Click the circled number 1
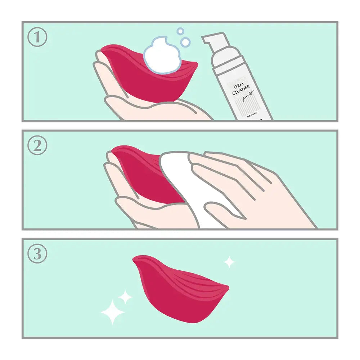pos(37,37)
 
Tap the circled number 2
pos(37,146)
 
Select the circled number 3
pos(37,254)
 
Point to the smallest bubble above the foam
pos(180,31)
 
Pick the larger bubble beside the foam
pos(185,42)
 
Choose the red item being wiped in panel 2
pos(140,173)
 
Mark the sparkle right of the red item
pos(229,262)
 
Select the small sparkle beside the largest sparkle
pos(125,297)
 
